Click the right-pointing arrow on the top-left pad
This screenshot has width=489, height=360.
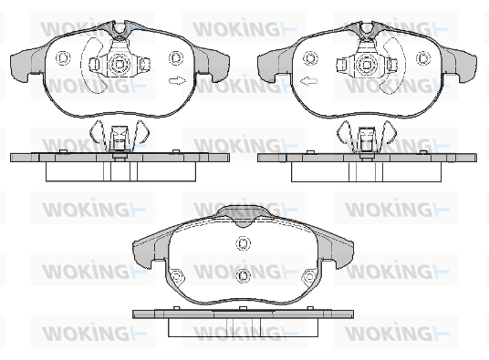click(177, 81)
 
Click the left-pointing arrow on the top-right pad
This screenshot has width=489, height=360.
click(308, 81)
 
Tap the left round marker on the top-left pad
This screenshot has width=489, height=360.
click(63, 58)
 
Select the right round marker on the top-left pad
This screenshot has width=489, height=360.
click(176, 58)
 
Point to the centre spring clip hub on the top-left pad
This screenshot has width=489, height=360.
click(120, 64)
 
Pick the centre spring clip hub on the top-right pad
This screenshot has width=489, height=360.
click(367, 65)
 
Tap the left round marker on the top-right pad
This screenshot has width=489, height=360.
click(310, 58)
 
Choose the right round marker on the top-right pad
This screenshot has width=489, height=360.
click(423, 58)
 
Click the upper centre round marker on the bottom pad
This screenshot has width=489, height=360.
click(244, 243)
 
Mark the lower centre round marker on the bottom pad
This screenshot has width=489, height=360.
click(244, 275)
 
